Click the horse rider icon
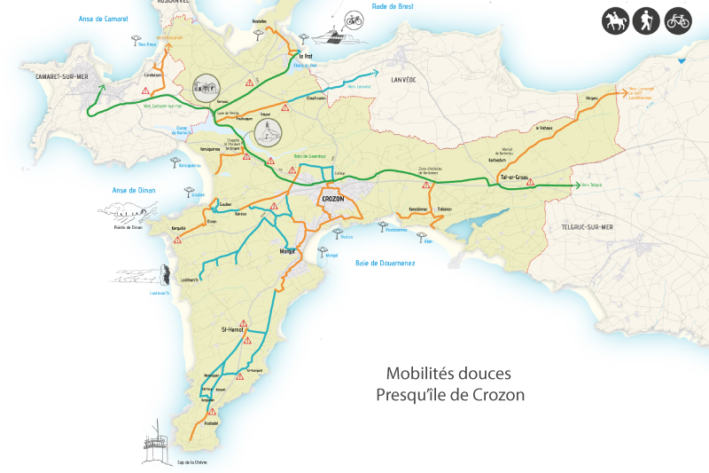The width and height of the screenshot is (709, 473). (615, 22)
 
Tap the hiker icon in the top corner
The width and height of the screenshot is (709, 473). (647, 22)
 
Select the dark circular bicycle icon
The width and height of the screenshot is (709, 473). (678, 22)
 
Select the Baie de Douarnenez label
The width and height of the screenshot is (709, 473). (385, 263)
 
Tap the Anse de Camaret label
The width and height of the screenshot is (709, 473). (103, 19)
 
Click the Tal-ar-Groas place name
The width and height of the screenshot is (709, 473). (514, 177)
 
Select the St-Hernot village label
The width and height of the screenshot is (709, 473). (238, 329)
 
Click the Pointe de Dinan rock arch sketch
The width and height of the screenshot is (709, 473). (125, 211)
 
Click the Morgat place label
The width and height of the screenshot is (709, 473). (286, 251)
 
